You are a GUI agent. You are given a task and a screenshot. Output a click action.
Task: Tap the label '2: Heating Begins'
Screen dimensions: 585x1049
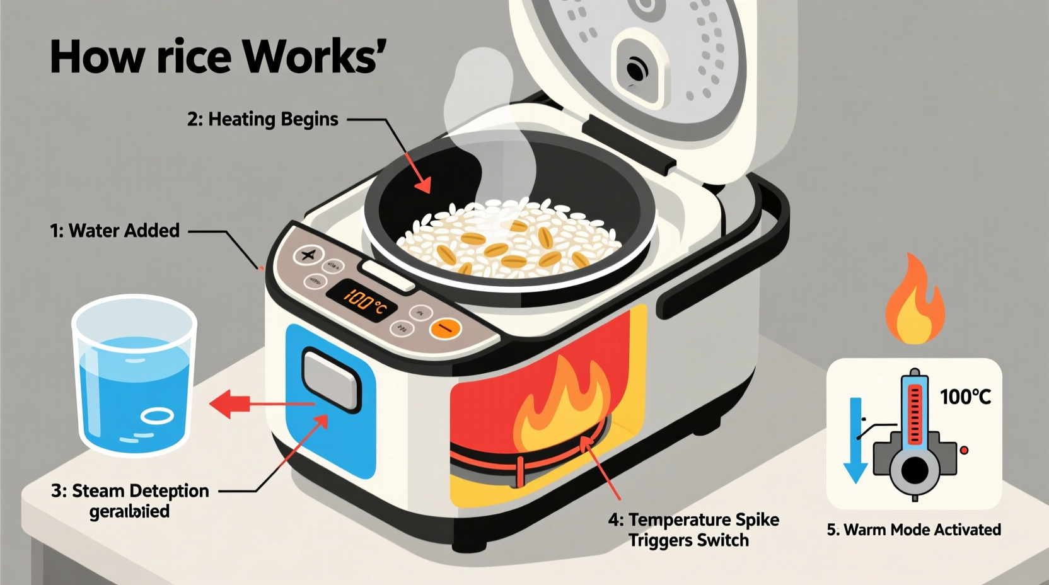point(262,119)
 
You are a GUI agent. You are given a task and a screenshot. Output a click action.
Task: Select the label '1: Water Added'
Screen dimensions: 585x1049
point(115,231)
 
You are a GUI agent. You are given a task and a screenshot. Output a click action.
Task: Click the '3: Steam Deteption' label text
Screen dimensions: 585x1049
point(130,491)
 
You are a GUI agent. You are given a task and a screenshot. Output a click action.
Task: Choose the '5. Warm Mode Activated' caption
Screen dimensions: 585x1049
point(913,530)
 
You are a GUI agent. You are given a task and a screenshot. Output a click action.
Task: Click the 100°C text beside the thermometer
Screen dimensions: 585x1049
point(965,397)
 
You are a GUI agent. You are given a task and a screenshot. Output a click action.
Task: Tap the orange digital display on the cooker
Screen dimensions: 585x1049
point(362,301)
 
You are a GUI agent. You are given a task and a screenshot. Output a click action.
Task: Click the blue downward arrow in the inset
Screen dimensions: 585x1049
point(855,441)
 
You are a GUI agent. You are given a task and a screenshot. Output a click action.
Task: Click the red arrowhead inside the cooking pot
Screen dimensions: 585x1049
point(422,185)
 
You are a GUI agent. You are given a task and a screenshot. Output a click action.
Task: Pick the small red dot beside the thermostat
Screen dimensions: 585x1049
point(963,450)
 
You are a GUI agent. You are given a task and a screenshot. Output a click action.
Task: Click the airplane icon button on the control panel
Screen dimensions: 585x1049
point(308,255)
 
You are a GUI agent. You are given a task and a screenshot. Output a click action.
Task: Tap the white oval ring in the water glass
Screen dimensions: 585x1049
point(157,416)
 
